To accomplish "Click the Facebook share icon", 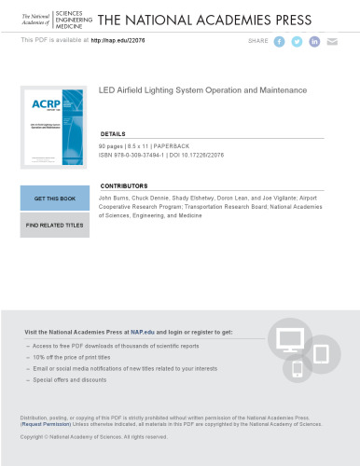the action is click(x=280, y=42).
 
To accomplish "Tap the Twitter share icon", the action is click(x=298, y=42).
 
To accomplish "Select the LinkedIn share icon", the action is click(x=315, y=42).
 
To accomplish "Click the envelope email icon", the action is click(x=333, y=42).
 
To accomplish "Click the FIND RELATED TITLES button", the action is click(x=54, y=225).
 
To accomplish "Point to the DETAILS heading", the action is click(x=113, y=134).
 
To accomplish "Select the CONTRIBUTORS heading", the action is click(x=123, y=186).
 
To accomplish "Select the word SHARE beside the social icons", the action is click(x=258, y=42).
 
